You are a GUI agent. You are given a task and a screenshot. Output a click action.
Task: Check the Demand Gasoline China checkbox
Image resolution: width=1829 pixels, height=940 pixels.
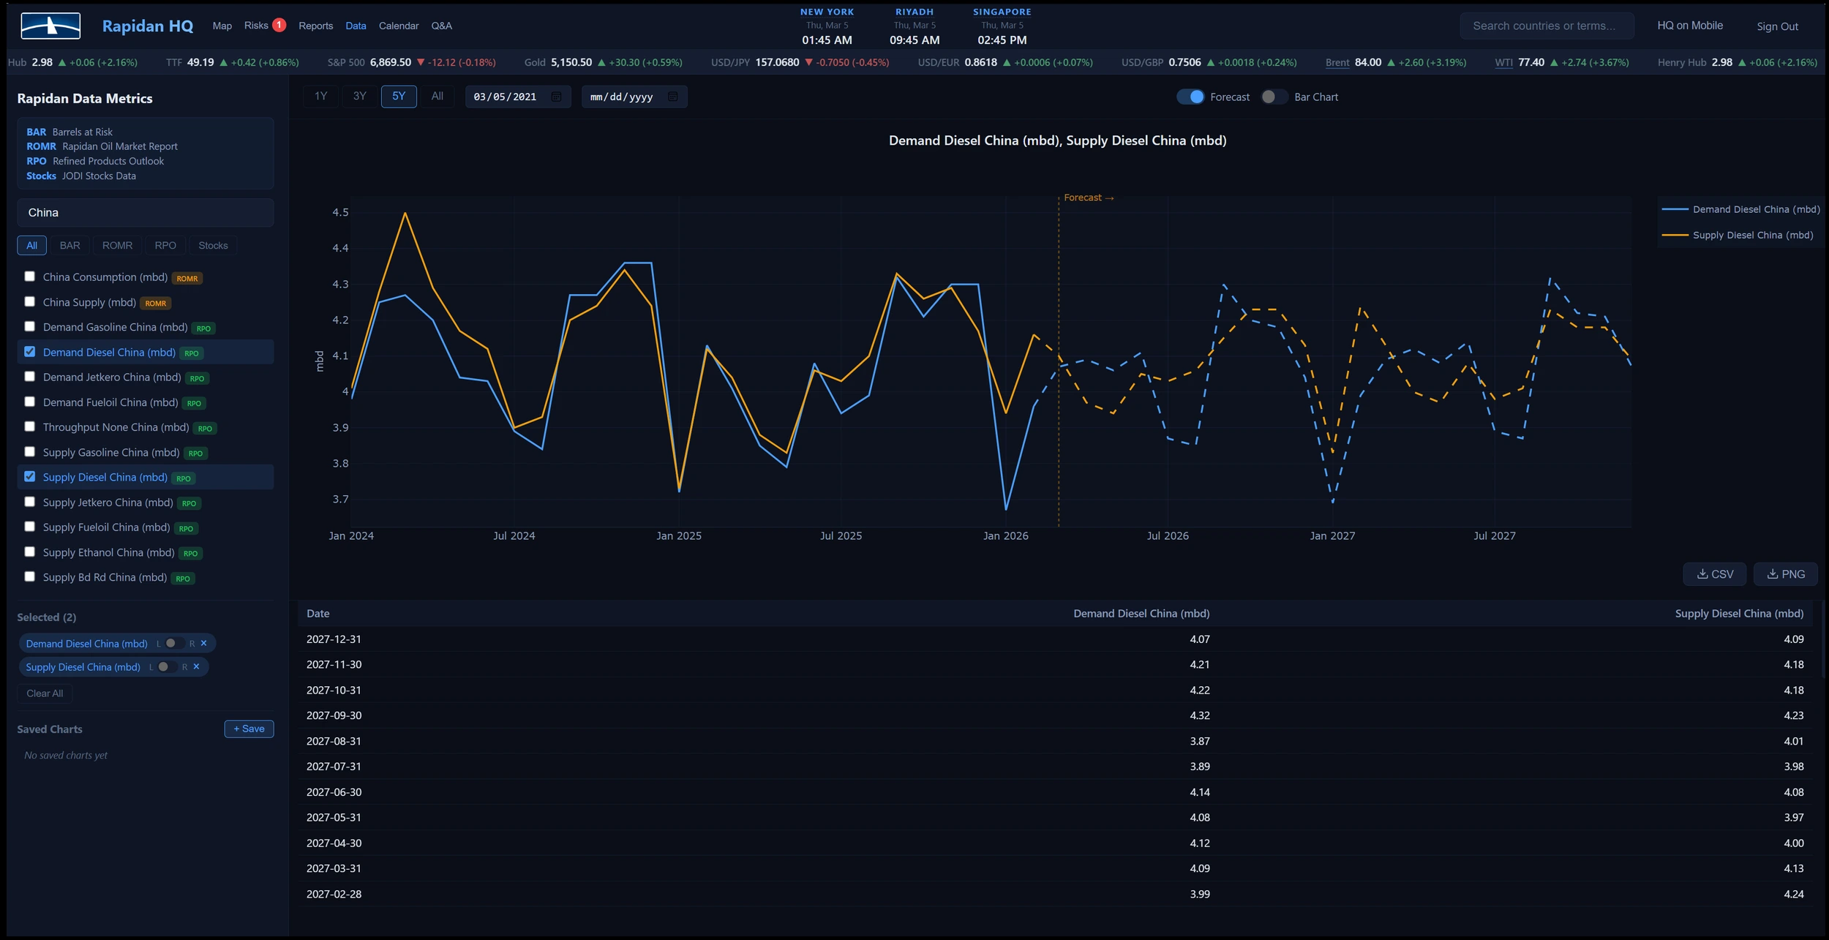[x=29, y=327]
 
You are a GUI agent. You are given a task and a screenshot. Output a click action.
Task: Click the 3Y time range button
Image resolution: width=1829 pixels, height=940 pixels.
[x=359, y=97]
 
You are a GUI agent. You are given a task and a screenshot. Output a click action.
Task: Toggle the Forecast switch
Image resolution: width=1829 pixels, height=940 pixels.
[x=1190, y=97]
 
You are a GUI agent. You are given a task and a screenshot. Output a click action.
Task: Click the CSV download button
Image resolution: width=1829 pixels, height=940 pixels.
[x=1714, y=574]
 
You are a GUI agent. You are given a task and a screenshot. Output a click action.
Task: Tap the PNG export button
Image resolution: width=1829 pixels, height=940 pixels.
[x=1785, y=574]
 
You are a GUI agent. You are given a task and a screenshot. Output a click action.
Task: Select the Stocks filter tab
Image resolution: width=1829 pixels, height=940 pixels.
[x=213, y=246]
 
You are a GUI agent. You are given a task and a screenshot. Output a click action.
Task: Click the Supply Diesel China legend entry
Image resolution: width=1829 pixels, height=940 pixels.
[x=1752, y=236]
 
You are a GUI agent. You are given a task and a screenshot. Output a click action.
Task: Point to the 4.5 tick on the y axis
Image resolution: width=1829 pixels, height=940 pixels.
[x=340, y=213]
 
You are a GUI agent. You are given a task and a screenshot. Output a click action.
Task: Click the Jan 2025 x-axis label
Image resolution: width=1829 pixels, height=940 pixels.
[x=678, y=536]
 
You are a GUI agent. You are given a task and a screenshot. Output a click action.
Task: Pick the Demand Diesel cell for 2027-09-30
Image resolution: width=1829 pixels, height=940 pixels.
[x=1199, y=715]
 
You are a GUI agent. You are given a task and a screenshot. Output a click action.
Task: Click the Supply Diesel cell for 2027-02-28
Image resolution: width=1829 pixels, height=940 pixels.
[x=1793, y=894]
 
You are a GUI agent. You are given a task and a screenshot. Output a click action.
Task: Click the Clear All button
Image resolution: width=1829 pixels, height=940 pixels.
[x=45, y=693]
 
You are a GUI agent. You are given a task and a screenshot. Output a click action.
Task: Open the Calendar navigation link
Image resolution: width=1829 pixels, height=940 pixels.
[x=399, y=26]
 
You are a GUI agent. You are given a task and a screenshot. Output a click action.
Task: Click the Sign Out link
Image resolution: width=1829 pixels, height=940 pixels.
[x=1777, y=27]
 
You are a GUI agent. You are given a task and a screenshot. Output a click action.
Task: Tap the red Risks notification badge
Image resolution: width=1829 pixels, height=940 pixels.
[x=279, y=26]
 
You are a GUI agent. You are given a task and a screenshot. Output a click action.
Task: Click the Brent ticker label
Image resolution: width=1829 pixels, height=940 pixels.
[x=1337, y=63]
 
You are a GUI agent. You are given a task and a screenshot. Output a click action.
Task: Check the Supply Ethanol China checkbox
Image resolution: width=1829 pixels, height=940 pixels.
[x=29, y=552]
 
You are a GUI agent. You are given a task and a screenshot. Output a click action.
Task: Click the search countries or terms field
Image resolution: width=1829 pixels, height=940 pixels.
[x=1546, y=26]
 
